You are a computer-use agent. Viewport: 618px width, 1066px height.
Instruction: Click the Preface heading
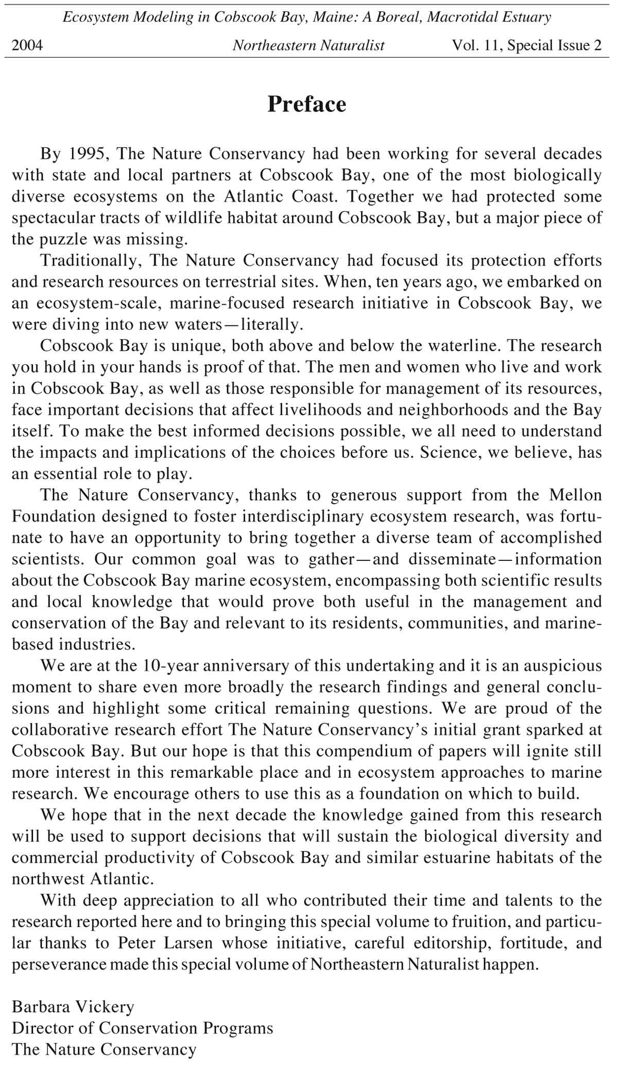tap(307, 104)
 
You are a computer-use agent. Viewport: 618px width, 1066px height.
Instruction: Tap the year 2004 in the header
tap(27, 45)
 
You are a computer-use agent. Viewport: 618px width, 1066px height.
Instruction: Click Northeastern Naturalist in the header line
tap(308, 45)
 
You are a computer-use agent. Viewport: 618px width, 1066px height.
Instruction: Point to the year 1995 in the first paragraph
tap(87, 153)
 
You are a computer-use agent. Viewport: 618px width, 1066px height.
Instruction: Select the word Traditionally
tap(91, 260)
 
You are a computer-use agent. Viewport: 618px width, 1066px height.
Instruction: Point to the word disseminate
tap(452, 559)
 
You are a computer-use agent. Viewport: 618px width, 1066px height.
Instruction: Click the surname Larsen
tap(188, 943)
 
